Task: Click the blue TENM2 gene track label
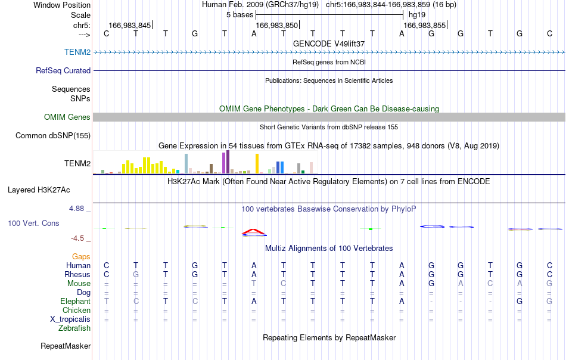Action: pyautogui.click(x=77, y=52)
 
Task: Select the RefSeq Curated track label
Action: pyautogui.click(x=63, y=70)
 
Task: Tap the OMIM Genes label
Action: pyautogui.click(x=67, y=117)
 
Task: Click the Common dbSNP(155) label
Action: pyautogui.click(x=53, y=136)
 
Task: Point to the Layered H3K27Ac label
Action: pyautogui.click(x=39, y=190)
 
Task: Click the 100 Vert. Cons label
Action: pyautogui.click(x=33, y=223)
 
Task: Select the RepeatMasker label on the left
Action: pyautogui.click(x=66, y=346)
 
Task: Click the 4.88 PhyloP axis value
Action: pyautogui.click(x=76, y=209)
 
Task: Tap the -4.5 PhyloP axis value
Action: pyautogui.click(x=77, y=238)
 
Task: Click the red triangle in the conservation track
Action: pyautogui.click(x=254, y=231)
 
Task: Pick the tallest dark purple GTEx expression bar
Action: pyautogui.click(x=228, y=162)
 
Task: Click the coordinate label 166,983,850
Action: pyautogui.click(x=277, y=25)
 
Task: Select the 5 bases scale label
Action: pyautogui.click(x=240, y=15)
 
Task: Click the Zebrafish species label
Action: pyautogui.click(x=74, y=328)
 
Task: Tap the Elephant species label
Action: pyautogui.click(x=76, y=301)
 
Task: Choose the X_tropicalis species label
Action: pyautogui.click(x=70, y=319)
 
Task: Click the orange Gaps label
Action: pyautogui.click(x=81, y=257)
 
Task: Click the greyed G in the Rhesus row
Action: pyautogui.click(x=136, y=274)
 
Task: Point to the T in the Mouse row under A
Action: pyautogui.click(x=254, y=284)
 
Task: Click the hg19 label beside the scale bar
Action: pyautogui.click(x=417, y=15)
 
